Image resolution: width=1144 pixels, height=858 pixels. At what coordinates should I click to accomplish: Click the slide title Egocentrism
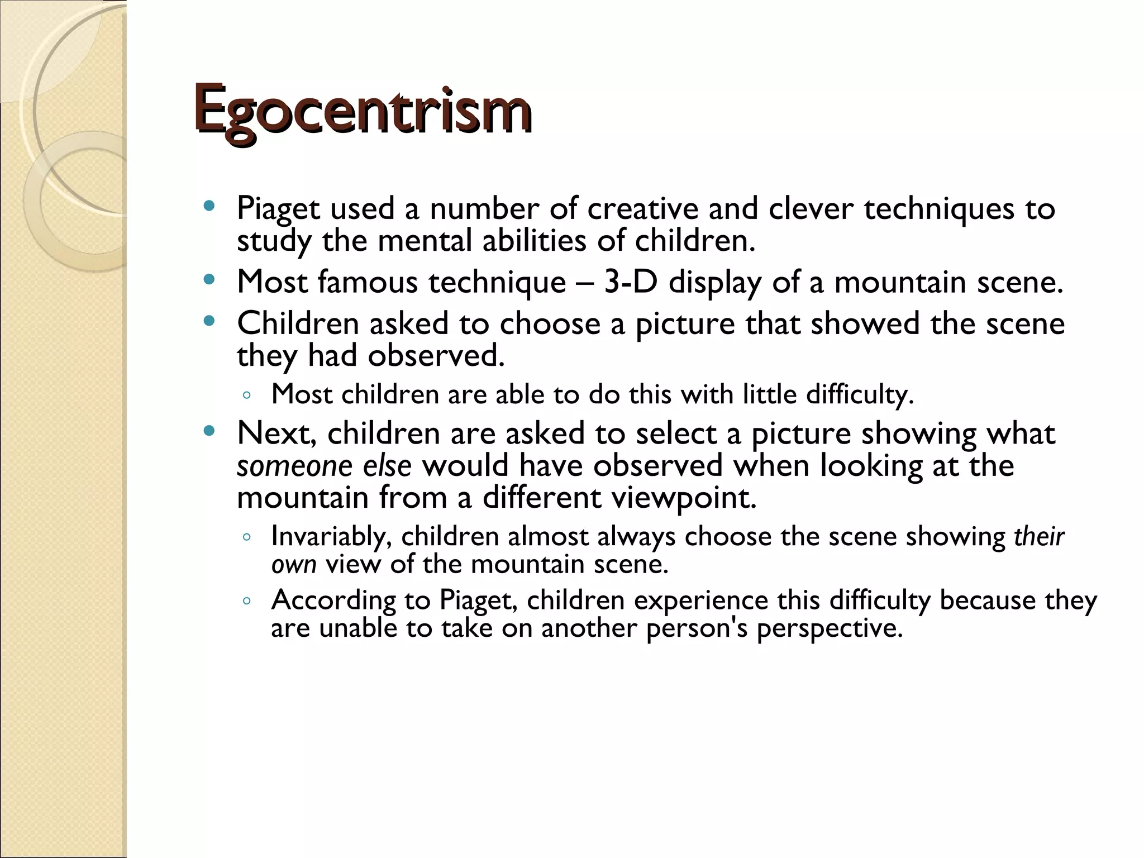coord(362,109)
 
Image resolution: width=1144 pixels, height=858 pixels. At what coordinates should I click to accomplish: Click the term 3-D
coord(631,282)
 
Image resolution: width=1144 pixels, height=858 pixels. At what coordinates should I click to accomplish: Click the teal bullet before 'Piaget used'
coord(209,206)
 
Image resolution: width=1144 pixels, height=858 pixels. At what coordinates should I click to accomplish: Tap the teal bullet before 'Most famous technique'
coord(209,279)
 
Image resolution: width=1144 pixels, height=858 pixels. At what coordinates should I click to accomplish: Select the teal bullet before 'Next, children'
coord(209,431)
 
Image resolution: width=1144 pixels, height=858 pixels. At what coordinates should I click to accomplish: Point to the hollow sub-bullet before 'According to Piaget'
coord(247,602)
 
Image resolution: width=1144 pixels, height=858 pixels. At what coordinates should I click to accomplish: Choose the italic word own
coord(294,564)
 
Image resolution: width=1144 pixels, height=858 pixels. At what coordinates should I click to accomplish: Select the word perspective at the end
coord(830,628)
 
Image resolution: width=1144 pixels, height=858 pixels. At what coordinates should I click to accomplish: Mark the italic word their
coord(1039,537)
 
